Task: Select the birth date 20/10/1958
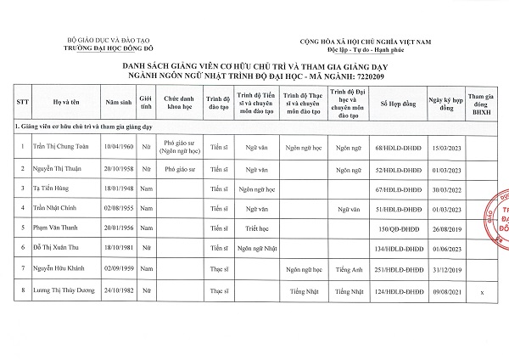click(117, 169)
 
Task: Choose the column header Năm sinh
click(117, 103)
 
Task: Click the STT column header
click(21, 103)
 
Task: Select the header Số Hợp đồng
click(398, 103)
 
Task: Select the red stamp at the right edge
click(500, 212)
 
